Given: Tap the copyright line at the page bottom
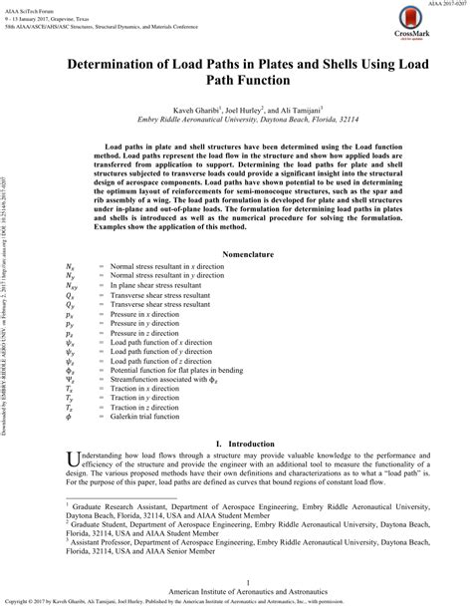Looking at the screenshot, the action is [x=236, y=604].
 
